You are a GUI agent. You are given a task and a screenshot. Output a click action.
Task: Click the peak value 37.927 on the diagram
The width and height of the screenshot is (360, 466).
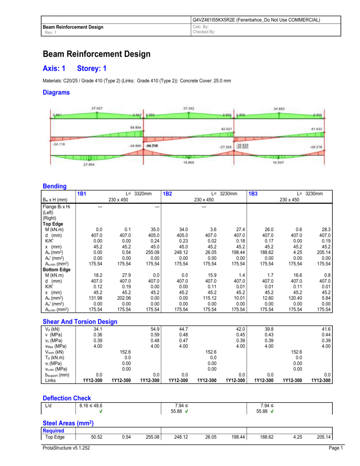pos(97,107)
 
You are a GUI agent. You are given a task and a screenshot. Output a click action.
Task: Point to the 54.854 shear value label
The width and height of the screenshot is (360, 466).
pos(136,128)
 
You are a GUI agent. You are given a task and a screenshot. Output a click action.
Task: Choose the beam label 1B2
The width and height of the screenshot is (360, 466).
pos(169,192)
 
